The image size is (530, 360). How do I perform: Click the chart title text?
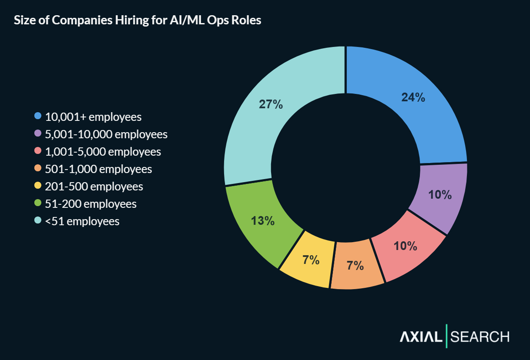[138, 20]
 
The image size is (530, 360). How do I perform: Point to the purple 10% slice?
[439, 196]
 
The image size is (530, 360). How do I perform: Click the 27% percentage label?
[271, 104]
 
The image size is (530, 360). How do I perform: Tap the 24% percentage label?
[413, 97]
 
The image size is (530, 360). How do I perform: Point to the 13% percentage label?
[262, 221]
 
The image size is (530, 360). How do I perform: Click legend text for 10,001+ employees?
[94, 117]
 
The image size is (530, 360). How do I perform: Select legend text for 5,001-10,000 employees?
[106, 134]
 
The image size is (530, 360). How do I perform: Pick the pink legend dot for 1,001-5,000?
[38, 151]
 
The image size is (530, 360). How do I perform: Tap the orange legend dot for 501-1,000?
[38, 168]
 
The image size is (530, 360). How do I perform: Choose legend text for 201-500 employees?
[94, 187]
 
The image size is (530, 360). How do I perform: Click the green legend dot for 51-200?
[38, 203]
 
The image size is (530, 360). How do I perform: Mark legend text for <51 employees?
[82, 221]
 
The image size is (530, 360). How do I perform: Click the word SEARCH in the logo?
[480, 337]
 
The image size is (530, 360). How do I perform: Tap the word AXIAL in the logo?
[421, 337]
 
